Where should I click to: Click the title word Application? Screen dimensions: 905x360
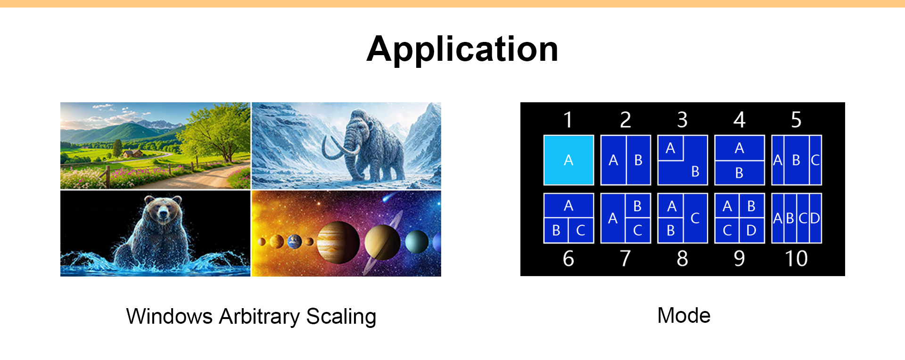coord(462,49)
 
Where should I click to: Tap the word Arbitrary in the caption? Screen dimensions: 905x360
coord(259,316)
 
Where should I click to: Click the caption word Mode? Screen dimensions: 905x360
coord(683,315)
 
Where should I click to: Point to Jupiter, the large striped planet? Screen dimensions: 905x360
coord(338,242)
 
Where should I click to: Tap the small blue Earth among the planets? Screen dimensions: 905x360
coord(295,242)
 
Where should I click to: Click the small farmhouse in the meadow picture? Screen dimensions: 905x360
coord(132,153)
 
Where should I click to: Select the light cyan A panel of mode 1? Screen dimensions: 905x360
coord(568,160)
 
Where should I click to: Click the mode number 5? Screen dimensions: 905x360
coord(796,120)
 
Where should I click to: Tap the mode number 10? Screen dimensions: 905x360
coord(796,259)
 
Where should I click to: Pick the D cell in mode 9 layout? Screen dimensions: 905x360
coord(752,230)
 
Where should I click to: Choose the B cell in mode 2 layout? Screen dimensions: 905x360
coord(639,160)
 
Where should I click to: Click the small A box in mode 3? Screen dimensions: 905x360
coord(670,148)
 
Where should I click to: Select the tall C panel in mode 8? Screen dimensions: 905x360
coord(695,218)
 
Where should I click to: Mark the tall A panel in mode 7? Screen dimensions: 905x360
coord(613,218)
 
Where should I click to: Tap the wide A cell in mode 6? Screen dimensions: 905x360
coord(568,205)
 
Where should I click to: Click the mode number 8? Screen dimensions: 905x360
coord(682,259)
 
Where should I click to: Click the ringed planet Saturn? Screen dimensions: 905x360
coord(382,242)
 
